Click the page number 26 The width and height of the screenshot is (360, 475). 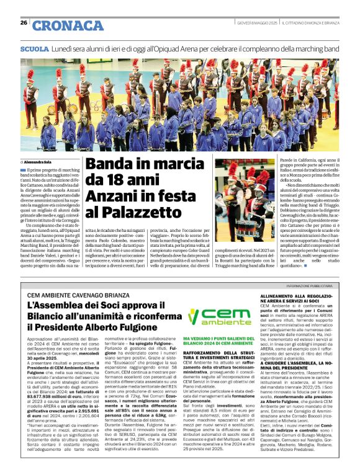(24, 23)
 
